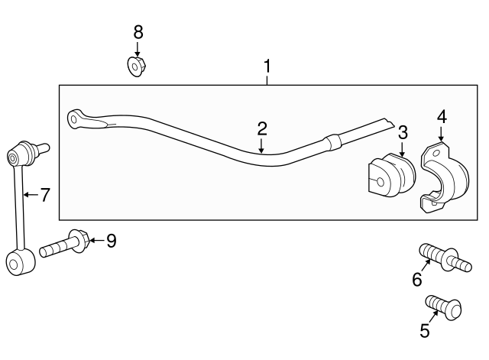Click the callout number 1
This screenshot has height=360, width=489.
tap(267, 66)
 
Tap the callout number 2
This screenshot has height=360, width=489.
tap(261, 128)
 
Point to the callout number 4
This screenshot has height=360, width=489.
tap(441, 117)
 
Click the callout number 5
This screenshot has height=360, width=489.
tap(424, 331)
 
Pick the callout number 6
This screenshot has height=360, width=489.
tap(416, 280)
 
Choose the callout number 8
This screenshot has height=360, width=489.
tap(138, 32)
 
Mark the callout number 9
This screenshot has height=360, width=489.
tap(111, 242)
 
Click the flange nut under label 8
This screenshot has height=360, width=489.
tap(137, 66)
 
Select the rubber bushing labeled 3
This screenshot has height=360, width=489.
tap(390, 177)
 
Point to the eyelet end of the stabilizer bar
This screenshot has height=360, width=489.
tap(76, 118)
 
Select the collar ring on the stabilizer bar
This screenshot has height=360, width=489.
tap(331, 143)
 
